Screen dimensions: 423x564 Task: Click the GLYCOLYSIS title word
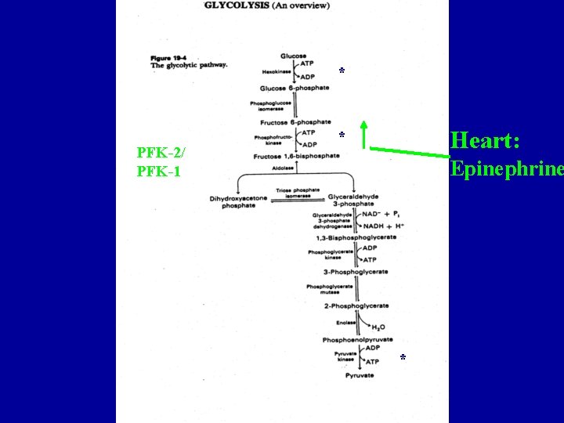pyautogui.click(x=231, y=5)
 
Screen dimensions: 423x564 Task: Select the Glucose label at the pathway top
pyautogui.click(x=294, y=56)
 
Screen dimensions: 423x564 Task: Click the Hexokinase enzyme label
pyautogui.click(x=275, y=72)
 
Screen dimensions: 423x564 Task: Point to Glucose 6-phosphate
pyautogui.click(x=295, y=88)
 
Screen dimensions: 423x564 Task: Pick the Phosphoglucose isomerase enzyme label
pyautogui.click(x=271, y=106)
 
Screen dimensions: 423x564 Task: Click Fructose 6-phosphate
pyautogui.click(x=295, y=122)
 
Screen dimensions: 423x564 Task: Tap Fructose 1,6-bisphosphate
pyautogui.click(x=297, y=156)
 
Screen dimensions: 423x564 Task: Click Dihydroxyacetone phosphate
pyautogui.click(x=238, y=202)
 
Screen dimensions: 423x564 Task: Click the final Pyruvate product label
pyautogui.click(x=360, y=375)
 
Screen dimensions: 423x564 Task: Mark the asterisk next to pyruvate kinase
pyautogui.click(x=402, y=357)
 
